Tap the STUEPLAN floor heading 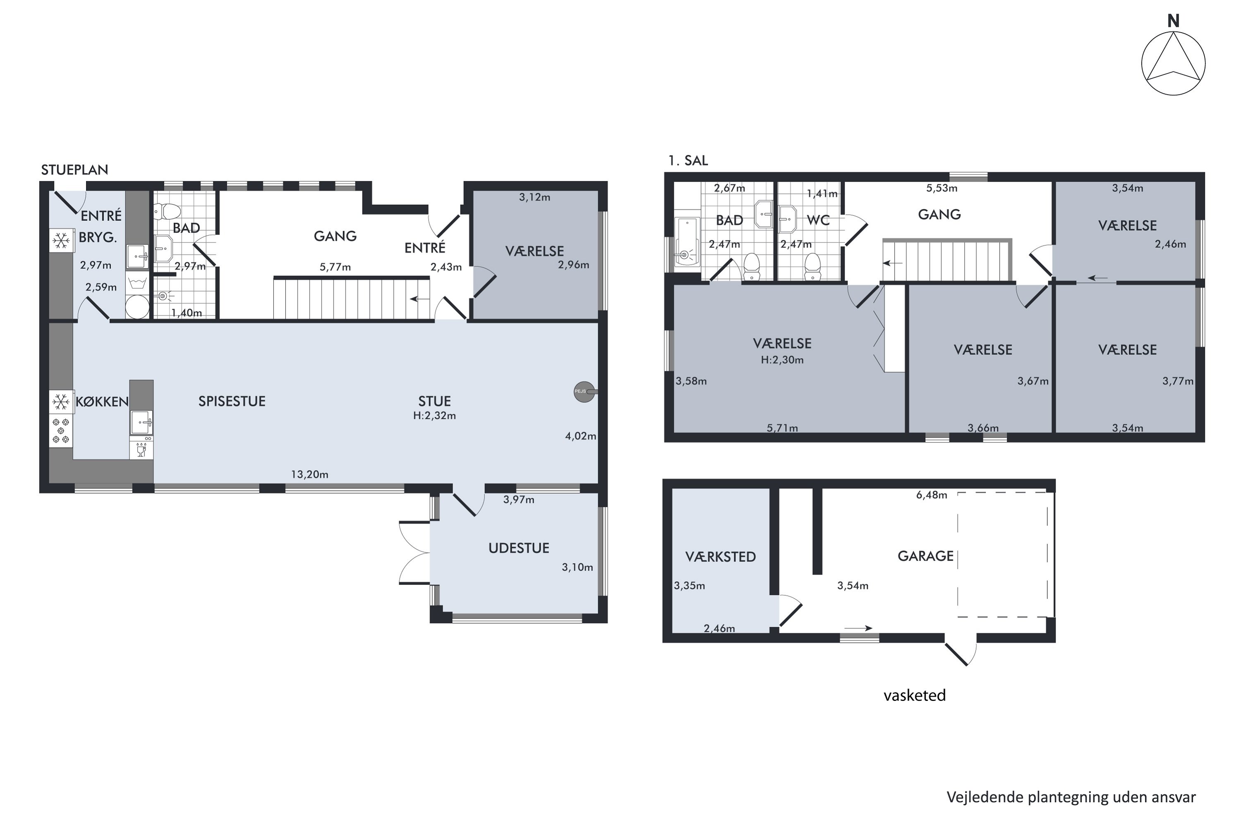point(74,170)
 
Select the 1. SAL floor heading point(688,161)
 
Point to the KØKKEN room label point(102,402)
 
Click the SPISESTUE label point(232,402)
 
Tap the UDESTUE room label point(519,548)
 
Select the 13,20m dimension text point(310,475)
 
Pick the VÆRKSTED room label point(720,557)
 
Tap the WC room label point(818,220)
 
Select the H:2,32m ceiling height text point(434,416)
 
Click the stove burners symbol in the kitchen point(61,430)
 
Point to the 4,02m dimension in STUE point(580,436)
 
